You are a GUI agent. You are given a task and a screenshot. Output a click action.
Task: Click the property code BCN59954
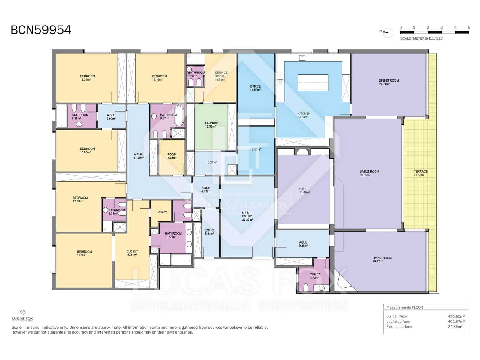point(41,30)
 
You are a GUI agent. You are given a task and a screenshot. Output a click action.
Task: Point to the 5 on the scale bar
point(469,27)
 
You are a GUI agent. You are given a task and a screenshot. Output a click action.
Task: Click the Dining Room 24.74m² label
point(388,82)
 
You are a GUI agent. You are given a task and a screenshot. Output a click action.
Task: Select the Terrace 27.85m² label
point(421,173)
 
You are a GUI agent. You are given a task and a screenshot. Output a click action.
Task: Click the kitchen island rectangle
point(313,83)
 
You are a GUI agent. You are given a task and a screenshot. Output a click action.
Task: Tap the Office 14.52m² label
point(255,88)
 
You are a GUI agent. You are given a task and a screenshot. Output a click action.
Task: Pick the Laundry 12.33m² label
point(212,124)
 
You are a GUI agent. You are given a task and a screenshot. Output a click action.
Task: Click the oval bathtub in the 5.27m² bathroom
point(179,115)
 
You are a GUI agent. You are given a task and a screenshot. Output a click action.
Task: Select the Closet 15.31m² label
point(132,253)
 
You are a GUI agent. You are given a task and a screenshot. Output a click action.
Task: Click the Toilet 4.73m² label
point(315,276)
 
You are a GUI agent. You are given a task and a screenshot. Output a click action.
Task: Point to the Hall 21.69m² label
point(304,191)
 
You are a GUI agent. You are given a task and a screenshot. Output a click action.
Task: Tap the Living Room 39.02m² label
point(369,173)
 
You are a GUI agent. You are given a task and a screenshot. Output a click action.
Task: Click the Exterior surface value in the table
point(455,327)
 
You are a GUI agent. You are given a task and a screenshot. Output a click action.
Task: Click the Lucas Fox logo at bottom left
point(22,315)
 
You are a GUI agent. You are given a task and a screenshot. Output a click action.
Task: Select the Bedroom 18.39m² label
point(87,78)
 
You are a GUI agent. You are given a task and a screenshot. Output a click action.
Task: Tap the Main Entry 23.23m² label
point(247,216)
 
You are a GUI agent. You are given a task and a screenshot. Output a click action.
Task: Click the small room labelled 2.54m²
point(162,212)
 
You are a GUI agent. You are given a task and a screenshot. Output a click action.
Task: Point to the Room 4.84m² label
point(172,156)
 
